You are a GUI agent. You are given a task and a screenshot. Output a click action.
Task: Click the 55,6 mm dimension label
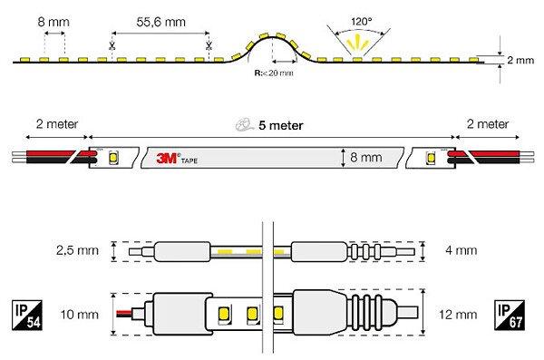pos(161,22)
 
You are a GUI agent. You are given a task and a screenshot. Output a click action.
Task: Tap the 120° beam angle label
pos(361,22)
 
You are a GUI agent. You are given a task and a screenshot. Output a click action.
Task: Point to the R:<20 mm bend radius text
pos(274,73)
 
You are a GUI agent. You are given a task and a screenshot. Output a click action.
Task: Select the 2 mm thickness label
pos(520,60)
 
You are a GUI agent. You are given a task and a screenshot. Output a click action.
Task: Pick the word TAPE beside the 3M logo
pos(189,161)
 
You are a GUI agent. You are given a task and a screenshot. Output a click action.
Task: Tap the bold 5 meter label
pos(281,125)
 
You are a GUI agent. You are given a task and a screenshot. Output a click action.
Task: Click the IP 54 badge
pos(27,315)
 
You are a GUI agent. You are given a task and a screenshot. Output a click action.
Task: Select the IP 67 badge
pos(510,315)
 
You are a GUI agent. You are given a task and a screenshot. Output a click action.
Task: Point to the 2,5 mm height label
pos(77,250)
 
